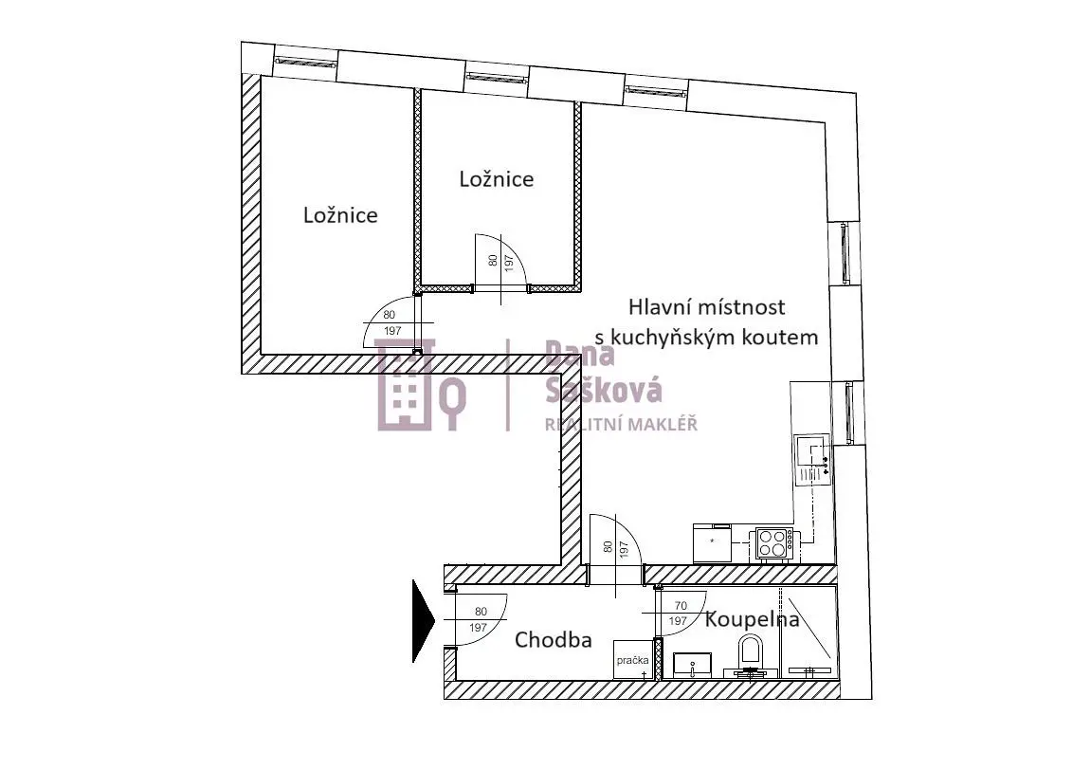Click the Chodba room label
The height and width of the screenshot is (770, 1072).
point(554,640)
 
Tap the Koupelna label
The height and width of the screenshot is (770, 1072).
point(752,619)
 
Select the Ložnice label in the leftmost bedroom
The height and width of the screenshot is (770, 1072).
point(340,215)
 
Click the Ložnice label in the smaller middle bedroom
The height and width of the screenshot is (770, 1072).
point(497,179)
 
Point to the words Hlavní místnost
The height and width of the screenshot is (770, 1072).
point(707,307)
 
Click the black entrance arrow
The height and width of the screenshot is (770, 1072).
point(423,621)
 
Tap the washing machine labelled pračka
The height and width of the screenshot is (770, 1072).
point(631,660)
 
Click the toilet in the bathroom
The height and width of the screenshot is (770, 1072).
point(750,656)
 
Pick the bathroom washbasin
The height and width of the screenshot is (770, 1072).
point(693,665)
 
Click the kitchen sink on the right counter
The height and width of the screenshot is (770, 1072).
point(812,459)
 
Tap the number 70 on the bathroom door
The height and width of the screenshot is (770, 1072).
point(680,606)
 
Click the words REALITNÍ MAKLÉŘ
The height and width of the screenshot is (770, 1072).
point(621,425)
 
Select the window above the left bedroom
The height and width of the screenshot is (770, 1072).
point(305,62)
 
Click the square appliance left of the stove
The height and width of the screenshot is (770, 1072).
point(712,543)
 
